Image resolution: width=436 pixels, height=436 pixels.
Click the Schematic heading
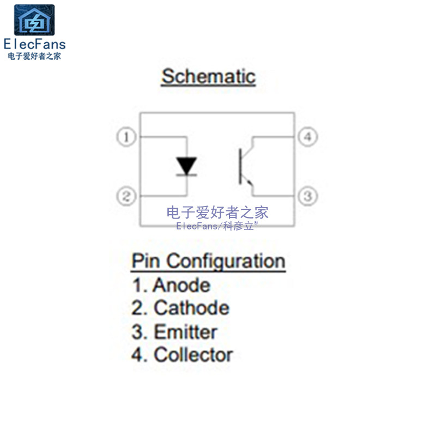point(208,76)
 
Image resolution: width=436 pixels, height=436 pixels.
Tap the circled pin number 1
point(127,137)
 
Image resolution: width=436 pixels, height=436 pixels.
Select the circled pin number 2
point(126,196)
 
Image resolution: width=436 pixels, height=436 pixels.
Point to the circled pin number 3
point(307,196)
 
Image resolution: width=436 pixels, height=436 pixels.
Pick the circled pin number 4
point(307,137)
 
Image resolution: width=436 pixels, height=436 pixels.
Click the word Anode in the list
point(181,285)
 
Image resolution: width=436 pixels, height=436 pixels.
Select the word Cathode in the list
point(191,308)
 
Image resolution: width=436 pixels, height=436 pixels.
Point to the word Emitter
point(185,332)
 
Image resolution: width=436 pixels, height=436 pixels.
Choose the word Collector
point(193,355)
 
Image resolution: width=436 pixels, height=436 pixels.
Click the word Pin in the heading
point(146,261)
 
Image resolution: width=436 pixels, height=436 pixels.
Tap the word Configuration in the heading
point(226,262)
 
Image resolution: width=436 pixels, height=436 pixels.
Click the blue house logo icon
point(34,21)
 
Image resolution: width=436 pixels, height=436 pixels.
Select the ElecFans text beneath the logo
point(34,45)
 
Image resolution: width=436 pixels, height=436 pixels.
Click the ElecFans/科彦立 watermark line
point(217,226)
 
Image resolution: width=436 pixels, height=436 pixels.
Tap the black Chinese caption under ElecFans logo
point(34,56)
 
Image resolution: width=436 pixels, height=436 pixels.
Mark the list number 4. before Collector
point(139,355)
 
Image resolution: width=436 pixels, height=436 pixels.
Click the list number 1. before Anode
point(139,285)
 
